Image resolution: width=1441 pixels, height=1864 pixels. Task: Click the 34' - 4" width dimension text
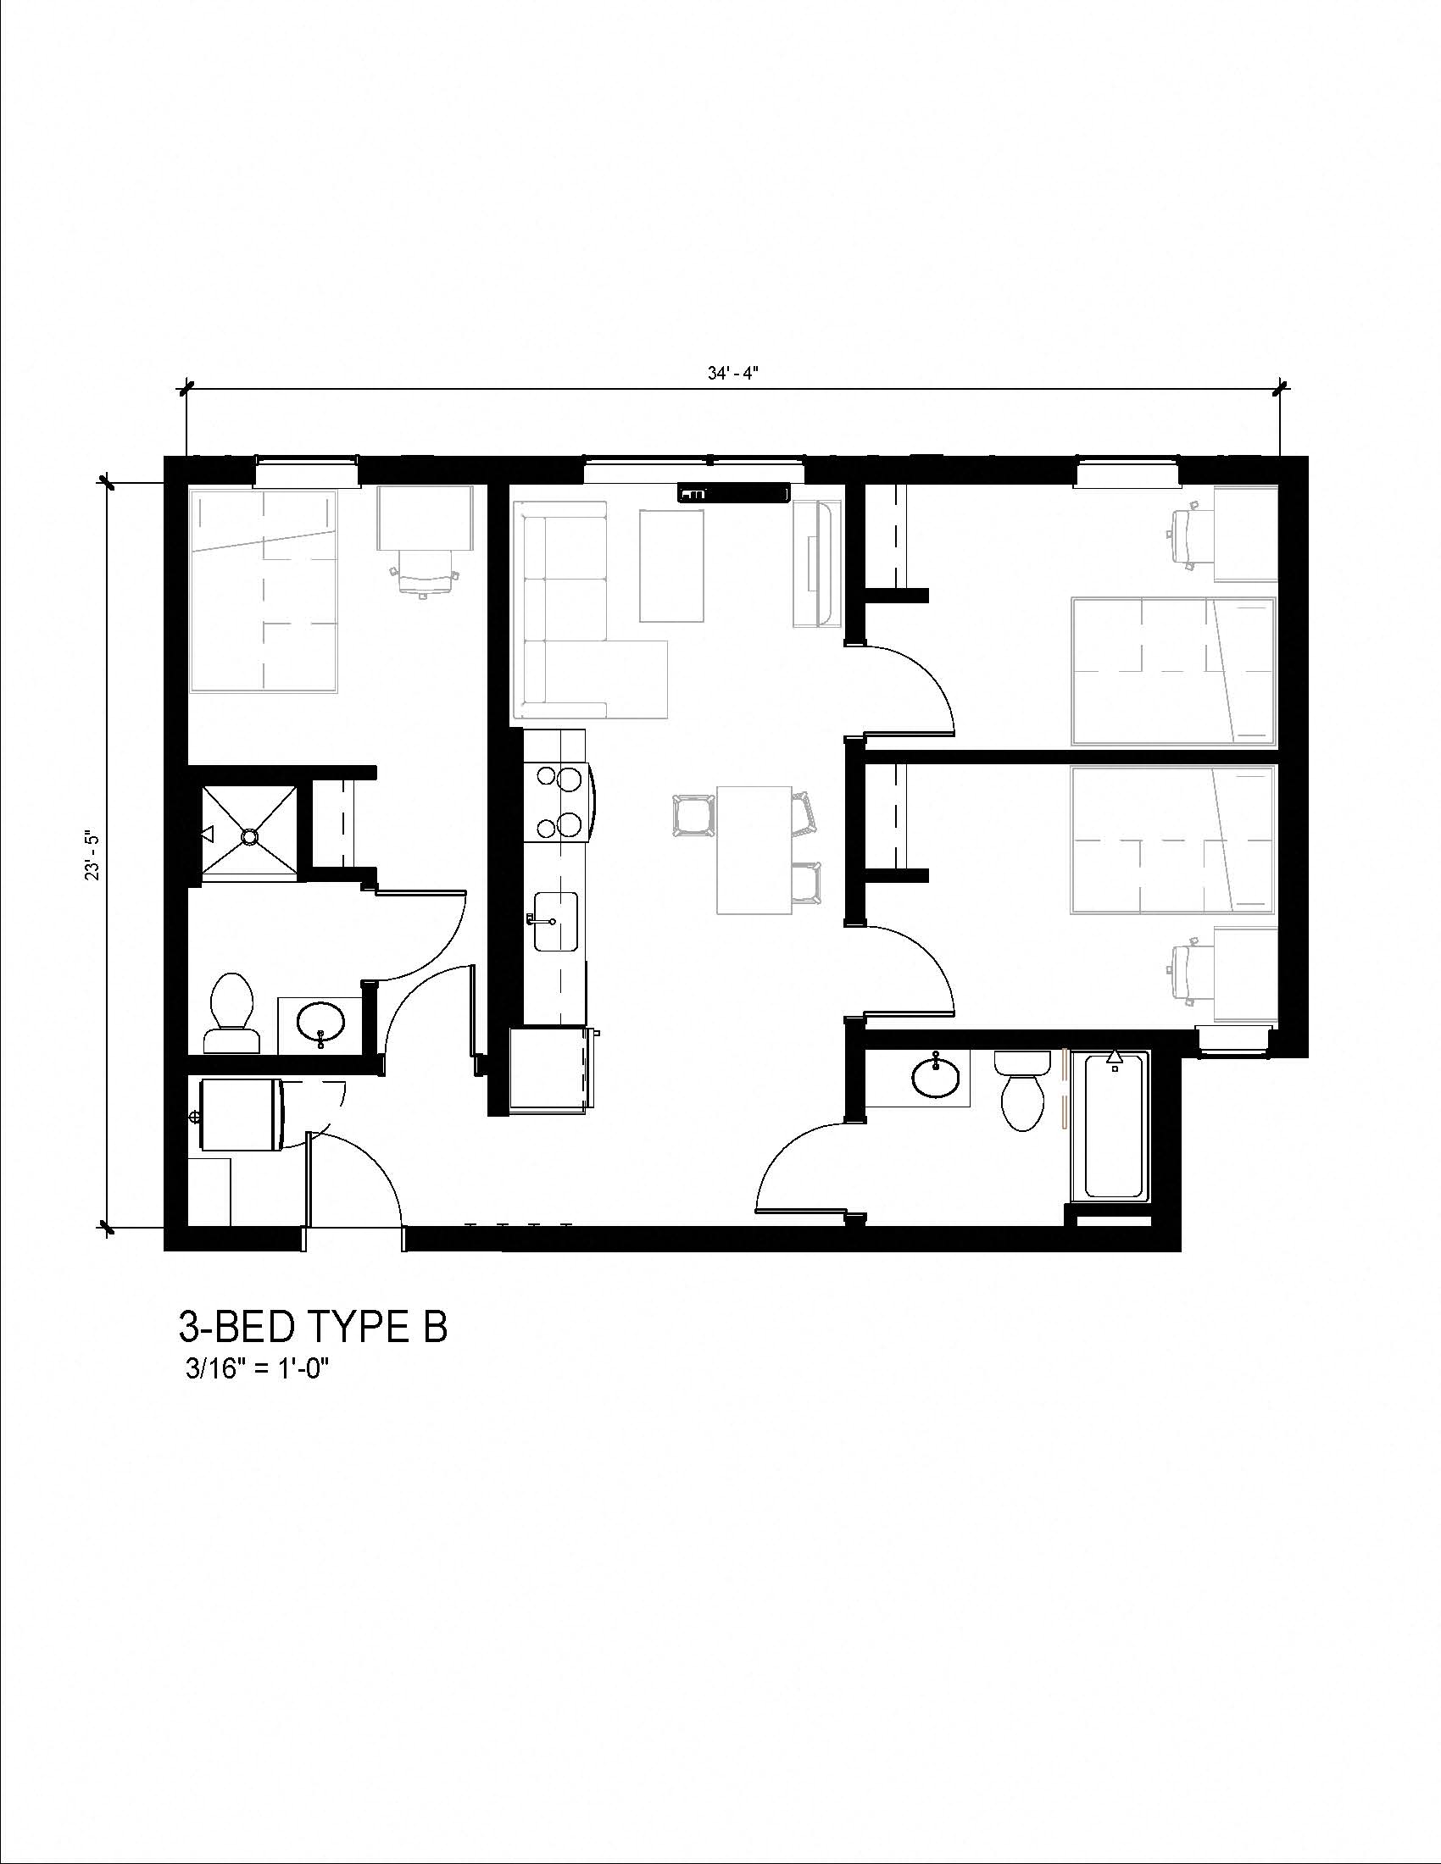click(732, 374)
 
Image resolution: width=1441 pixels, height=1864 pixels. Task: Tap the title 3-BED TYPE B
click(313, 1326)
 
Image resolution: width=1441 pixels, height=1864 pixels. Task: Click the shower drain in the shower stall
click(249, 836)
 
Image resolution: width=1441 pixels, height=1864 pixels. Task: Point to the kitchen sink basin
click(556, 922)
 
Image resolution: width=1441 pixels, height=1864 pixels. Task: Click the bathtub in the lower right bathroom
click(1113, 1128)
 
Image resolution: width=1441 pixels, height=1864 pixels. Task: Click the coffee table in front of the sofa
click(672, 565)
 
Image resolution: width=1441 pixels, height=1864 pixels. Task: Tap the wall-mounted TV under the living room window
click(733, 493)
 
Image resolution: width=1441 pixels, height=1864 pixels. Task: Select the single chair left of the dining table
click(693, 817)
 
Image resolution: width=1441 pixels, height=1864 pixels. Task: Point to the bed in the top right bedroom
click(1173, 671)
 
